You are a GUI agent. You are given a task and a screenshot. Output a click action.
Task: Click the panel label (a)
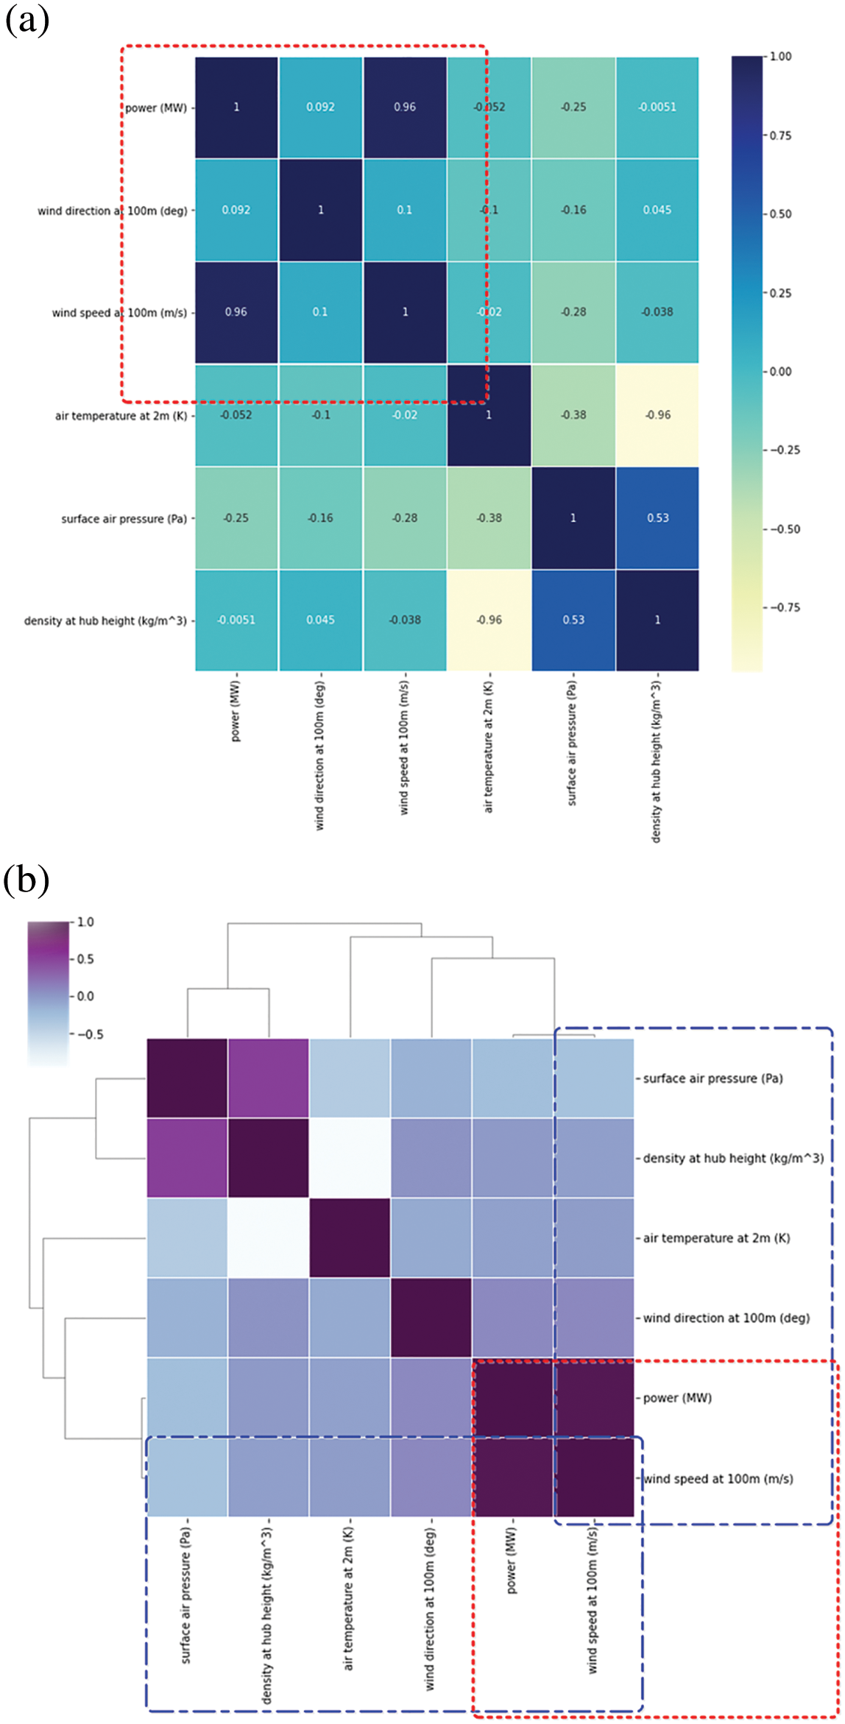pyautogui.click(x=26, y=20)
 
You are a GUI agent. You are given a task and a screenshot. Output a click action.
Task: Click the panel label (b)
pyautogui.click(x=26, y=880)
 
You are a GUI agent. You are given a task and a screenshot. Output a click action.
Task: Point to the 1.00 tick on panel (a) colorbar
pyautogui.click(x=780, y=57)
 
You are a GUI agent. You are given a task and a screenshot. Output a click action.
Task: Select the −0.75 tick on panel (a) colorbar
pyautogui.click(x=785, y=607)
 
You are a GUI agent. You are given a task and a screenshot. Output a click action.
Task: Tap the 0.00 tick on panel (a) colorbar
pyautogui.click(x=780, y=372)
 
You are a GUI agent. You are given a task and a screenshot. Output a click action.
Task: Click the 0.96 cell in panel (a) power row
pyautogui.click(x=405, y=107)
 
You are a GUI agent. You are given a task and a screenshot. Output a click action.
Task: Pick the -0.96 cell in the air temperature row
pyautogui.click(x=657, y=415)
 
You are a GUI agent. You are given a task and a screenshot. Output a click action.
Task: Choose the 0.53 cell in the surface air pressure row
pyautogui.click(x=657, y=518)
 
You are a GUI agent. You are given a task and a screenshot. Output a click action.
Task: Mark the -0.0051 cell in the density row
pyautogui.click(x=236, y=621)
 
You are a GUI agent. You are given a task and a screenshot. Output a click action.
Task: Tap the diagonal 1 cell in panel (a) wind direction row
pyautogui.click(x=320, y=210)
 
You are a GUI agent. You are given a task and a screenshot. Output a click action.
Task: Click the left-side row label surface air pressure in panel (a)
pyautogui.click(x=124, y=519)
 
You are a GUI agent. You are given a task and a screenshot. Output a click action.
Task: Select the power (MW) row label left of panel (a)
pyautogui.click(x=155, y=108)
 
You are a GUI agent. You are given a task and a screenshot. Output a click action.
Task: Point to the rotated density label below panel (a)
pyautogui.click(x=657, y=761)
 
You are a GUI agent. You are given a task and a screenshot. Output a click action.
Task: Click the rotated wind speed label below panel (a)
pyautogui.click(x=404, y=747)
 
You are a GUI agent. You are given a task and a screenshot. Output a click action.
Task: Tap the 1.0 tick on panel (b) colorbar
pyautogui.click(x=85, y=922)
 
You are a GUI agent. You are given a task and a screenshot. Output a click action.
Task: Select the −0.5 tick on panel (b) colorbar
pyautogui.click(x=90, y=1034)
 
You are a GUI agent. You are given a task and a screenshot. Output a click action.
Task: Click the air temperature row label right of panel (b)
pyautogui.click(x=716, y=1238)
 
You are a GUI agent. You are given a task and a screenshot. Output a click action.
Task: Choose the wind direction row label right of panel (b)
pyautogui.click(x=726, y=1318)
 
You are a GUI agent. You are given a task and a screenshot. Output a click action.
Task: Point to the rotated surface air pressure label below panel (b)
pyautogui.click(x=186, y=1594)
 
